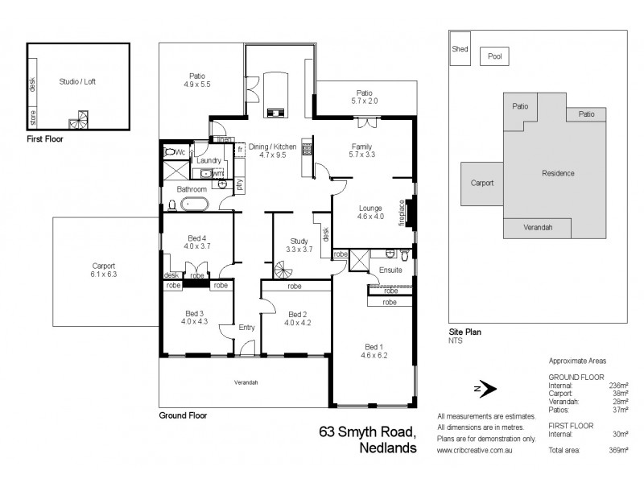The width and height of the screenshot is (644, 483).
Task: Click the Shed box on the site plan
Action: pos(460,48)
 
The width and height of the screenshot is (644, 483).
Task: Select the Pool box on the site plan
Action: pos(494,57)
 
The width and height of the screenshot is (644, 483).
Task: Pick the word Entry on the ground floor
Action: pos(247,327)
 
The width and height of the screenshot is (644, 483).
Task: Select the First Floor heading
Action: pos(44,139)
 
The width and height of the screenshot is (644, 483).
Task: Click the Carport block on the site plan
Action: pos(481,183)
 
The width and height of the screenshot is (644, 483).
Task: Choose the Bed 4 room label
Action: pos(197,242)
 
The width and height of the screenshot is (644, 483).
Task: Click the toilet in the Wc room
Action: pos(171,151)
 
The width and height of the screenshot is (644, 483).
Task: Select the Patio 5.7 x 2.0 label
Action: pos(366,97)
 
